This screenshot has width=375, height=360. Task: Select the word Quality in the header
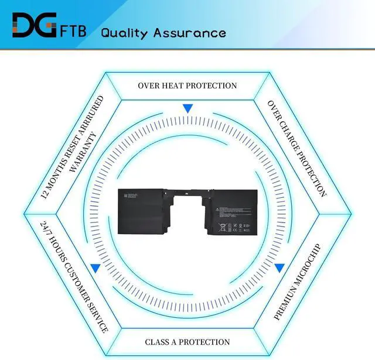[124, 32]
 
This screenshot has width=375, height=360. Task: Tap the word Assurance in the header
[189, 32]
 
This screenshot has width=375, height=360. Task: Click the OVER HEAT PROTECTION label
[187, 85]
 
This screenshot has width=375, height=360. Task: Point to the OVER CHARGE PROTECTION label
[296, 148]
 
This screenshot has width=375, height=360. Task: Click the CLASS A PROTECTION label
[187, 342]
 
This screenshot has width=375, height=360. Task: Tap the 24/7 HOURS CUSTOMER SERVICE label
[74, 276]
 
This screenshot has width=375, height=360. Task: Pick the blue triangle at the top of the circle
[187, 109]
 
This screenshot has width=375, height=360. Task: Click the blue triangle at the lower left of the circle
[95, 268]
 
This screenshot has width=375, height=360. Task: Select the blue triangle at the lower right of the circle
[279, 268]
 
